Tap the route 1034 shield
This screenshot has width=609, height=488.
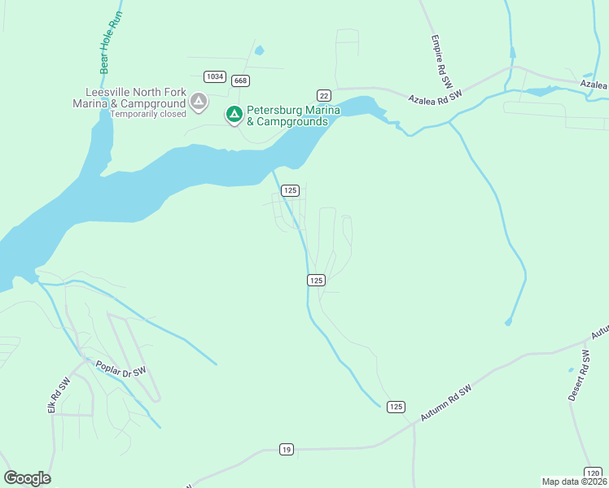(x=215, y=76)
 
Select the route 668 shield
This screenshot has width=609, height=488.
(x=240, y=81)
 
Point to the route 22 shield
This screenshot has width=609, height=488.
(x=323, y=95)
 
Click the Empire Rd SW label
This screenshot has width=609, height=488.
(x=445, y=59)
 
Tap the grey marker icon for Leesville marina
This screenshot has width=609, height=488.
(x=198, y=102)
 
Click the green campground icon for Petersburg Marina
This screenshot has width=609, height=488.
(x=234, y=115)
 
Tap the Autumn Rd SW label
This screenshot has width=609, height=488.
(x=447, y=403)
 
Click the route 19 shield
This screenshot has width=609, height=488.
(x=286, y=449)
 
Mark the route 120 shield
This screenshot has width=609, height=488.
(x=594, y=472)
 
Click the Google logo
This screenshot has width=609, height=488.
(x=27, y=478)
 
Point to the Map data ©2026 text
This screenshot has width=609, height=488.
(x=575, y=481)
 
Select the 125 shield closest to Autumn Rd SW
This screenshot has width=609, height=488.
(x=396, y=407)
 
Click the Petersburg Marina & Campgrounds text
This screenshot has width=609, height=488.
(x=287, y=115)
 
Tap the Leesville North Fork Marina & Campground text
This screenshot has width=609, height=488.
(x=130, y=98)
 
